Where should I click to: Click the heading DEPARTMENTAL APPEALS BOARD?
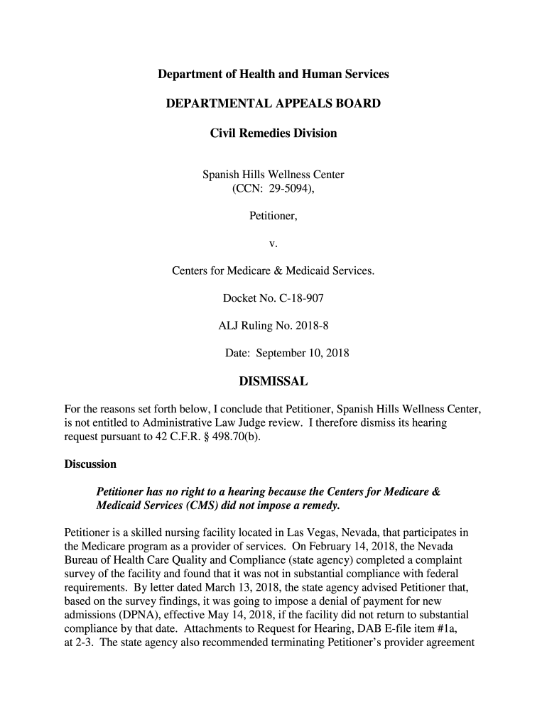click(x=273, y=104)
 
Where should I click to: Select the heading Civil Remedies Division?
click(x=273, y=133)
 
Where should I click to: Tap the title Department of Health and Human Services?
click(x=273, y=74)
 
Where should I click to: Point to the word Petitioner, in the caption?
click(x=273, y=216)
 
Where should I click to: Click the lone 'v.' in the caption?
click(x=273, y=244)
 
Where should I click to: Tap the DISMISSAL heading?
click(x=273, y=383)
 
